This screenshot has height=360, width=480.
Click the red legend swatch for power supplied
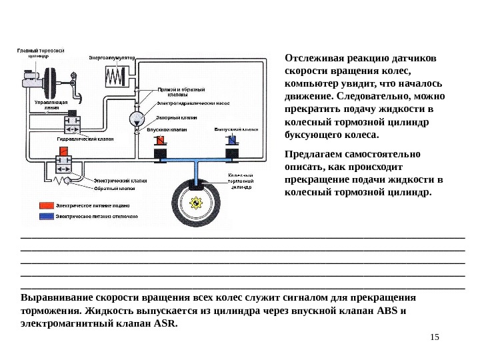[46, 206]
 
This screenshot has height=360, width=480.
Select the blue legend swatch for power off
[46, 217]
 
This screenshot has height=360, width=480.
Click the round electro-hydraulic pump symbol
[137, 119]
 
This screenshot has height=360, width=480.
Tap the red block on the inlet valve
[161, 141]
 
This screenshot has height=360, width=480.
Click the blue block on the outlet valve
[231, 141]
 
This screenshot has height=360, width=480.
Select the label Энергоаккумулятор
[112, 58]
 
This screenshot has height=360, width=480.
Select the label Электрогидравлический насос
[193, 103]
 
